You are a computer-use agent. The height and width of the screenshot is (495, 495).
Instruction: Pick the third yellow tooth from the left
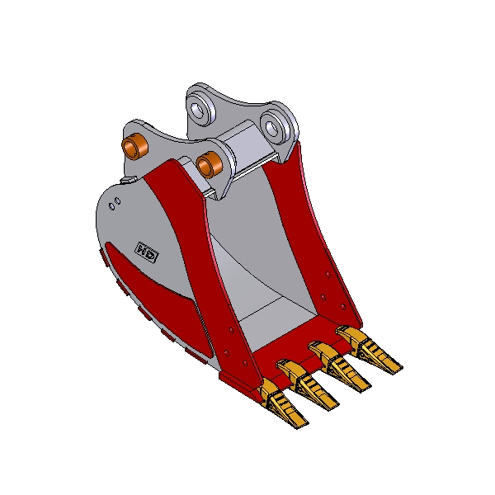pos(339,365)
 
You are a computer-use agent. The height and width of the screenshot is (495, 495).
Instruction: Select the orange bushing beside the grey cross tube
pos(210,165)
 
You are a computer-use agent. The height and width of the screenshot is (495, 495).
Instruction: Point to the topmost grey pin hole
pos(201,111)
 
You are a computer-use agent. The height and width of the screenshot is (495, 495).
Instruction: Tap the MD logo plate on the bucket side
pos(147,253)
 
